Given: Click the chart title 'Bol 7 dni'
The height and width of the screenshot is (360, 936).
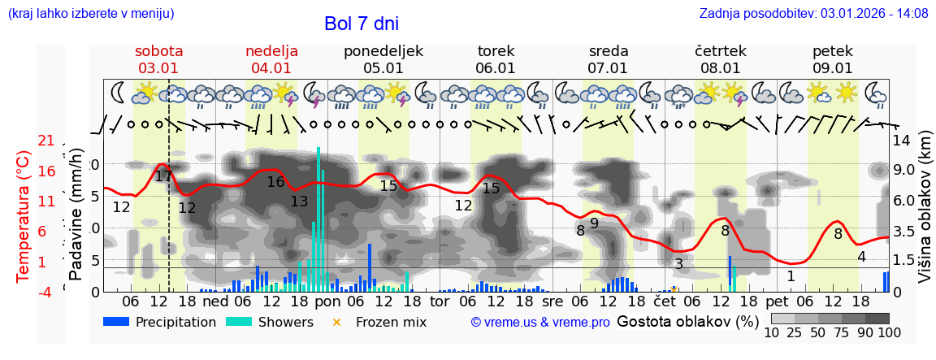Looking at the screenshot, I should click(x=361, y=24).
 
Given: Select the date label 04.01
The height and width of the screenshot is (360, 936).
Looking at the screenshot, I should click(x=271, y=68).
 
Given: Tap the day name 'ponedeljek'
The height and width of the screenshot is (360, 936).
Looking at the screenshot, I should click(x=383, y=51).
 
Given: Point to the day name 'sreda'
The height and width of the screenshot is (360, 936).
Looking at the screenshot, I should click(x=609, y=51).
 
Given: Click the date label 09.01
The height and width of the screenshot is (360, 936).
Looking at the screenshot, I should click(x=833, y=68).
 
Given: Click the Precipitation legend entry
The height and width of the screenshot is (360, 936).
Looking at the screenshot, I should click(x=160, y=322).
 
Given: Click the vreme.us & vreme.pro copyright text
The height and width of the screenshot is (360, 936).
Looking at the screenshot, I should click(x=540, y=322).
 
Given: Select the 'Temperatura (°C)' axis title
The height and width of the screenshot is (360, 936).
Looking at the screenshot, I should click(x=24, y=215).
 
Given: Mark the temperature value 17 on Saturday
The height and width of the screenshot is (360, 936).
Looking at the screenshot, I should click(x=163, y=176).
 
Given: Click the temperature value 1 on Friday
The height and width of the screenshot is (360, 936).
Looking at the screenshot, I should click(x=791, y=276).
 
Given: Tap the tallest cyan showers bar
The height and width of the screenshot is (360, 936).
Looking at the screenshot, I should click(x=318, y=219).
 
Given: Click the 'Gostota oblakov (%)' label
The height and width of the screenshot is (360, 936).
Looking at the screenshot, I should click(x=687, y=321).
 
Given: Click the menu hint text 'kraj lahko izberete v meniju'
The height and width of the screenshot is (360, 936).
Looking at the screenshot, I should click(x=91, y=14).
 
